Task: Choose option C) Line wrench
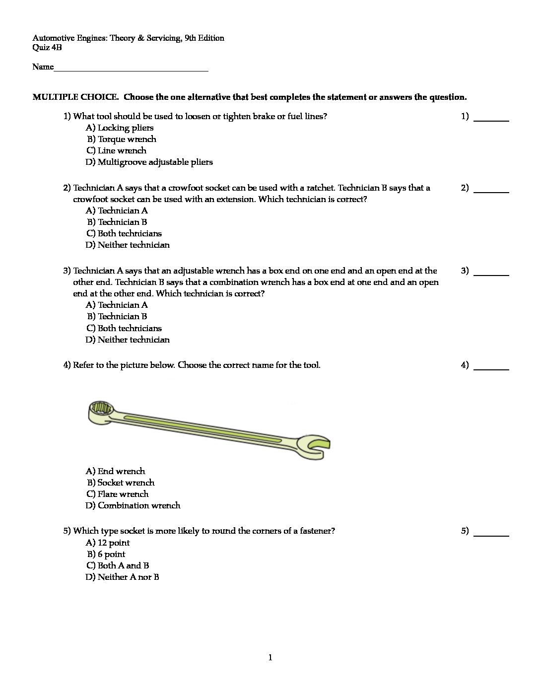coord(116,150)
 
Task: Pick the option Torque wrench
coord(122,139)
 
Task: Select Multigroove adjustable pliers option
coord(149,162)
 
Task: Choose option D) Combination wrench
coord(133,505)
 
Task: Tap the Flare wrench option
coord(117,494)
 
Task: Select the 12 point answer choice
coord(108,543)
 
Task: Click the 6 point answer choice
coord(106,554)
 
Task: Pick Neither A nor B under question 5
coord(122,577)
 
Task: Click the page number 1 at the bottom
coord(270,658)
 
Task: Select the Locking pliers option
coord(120,128)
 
